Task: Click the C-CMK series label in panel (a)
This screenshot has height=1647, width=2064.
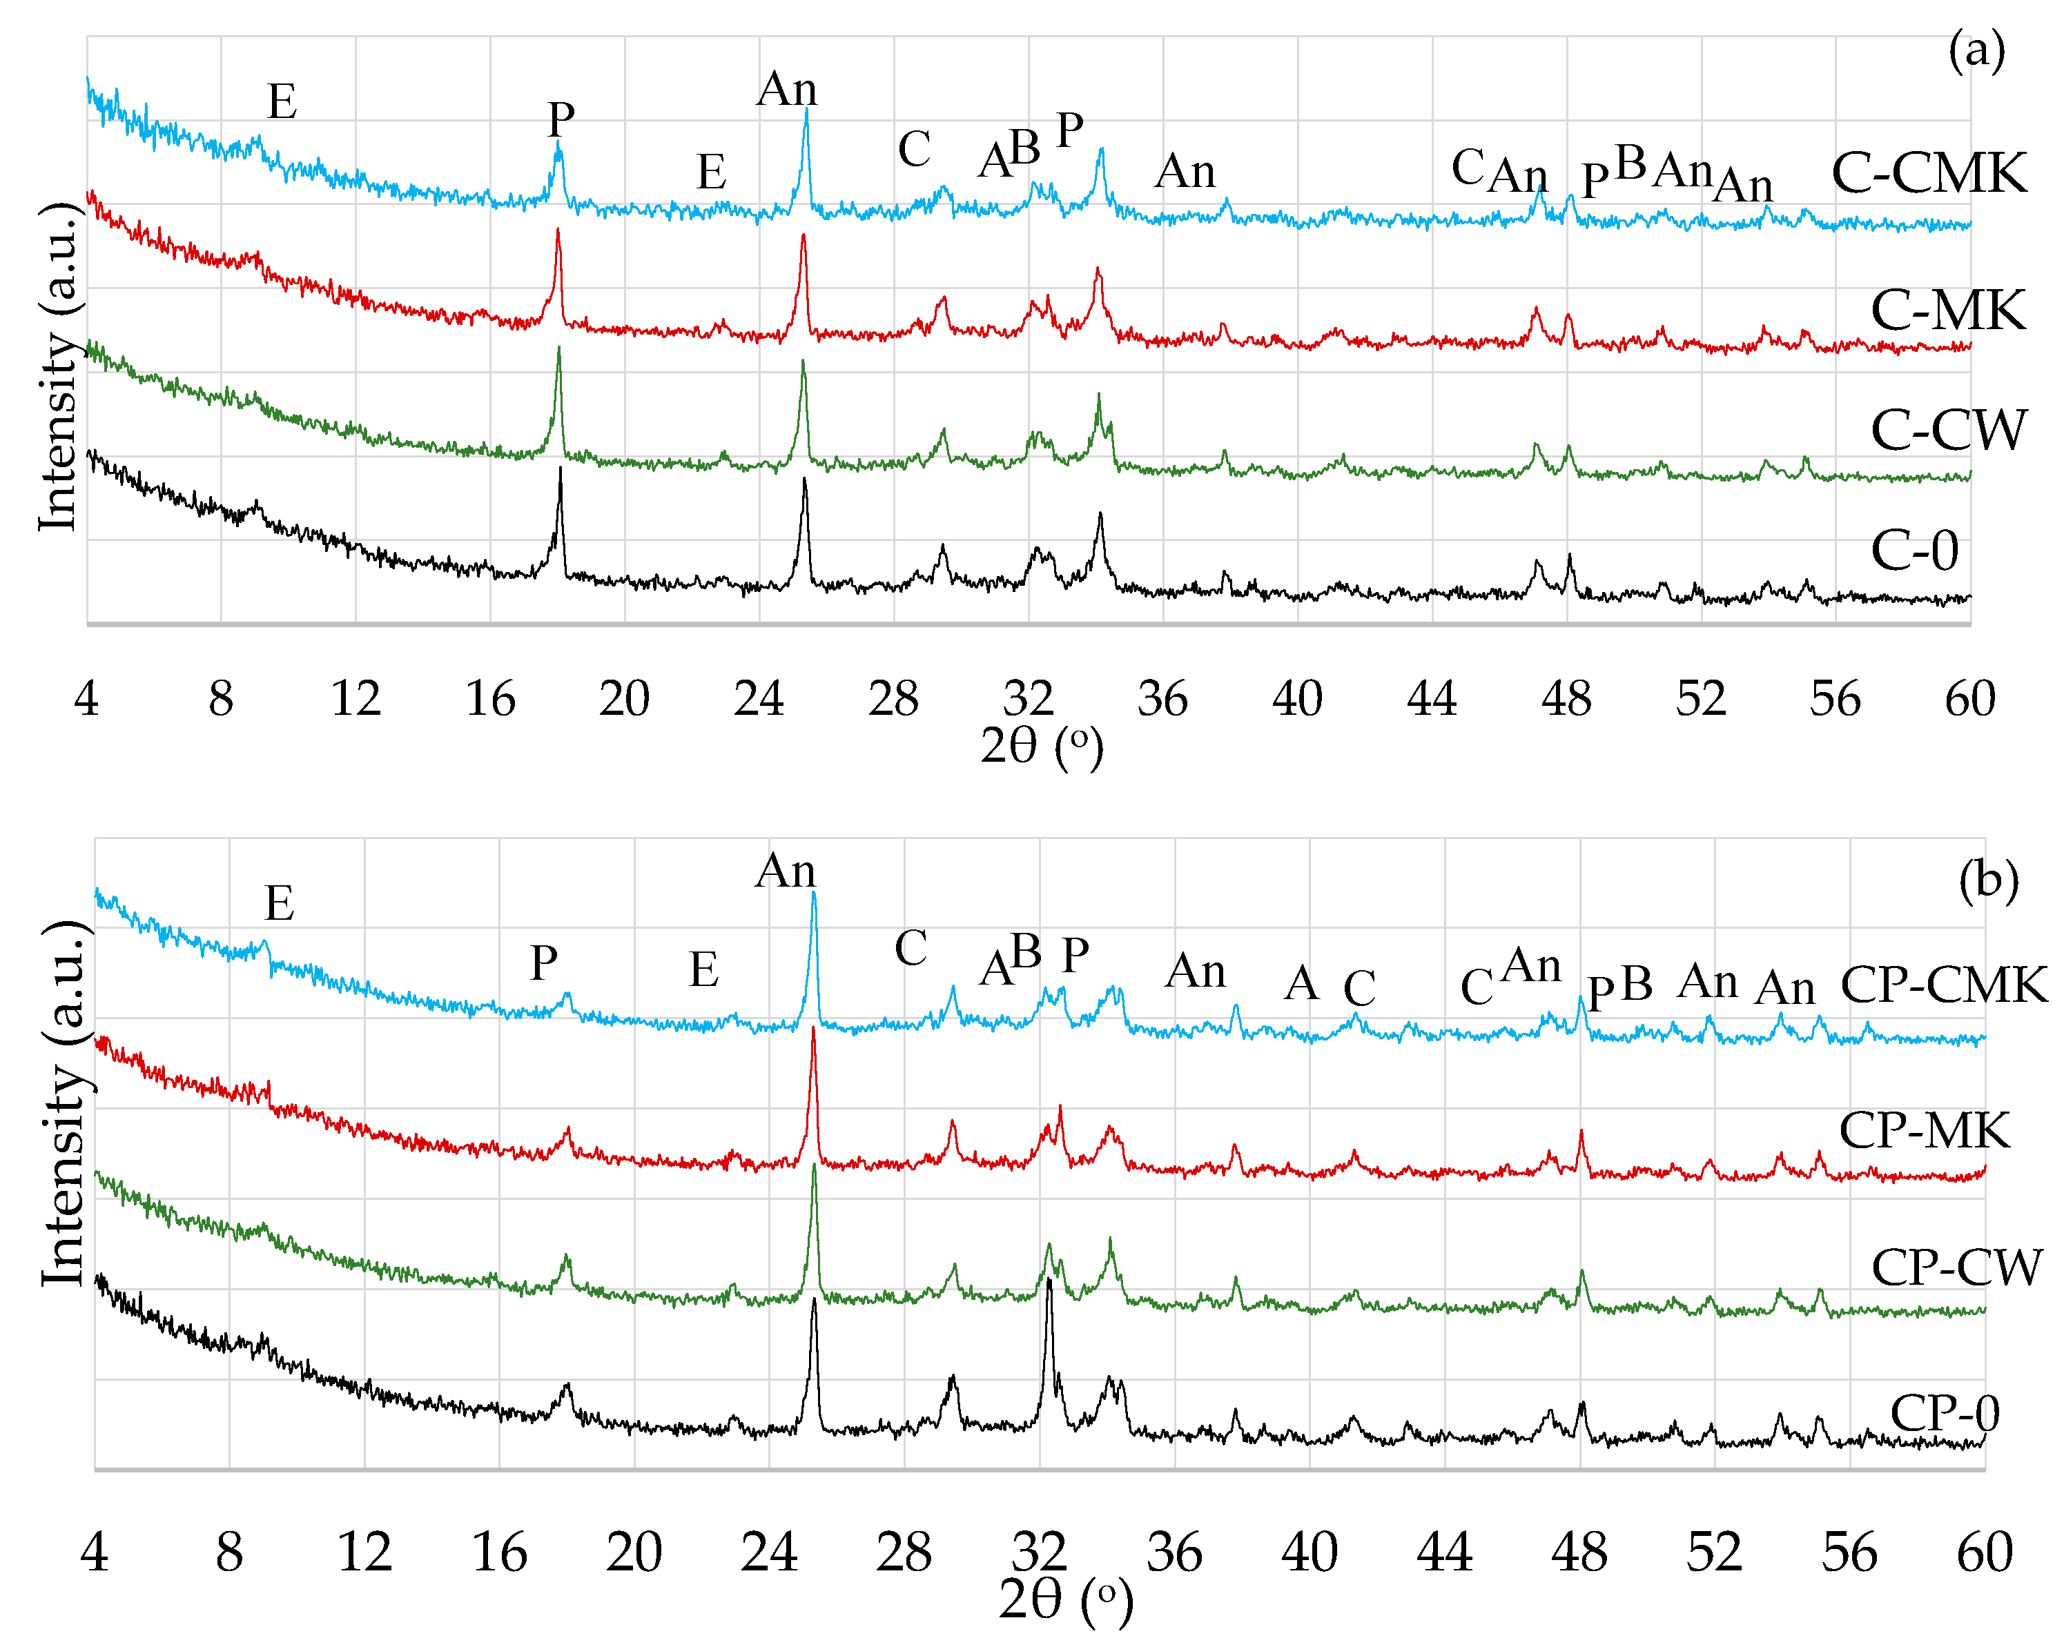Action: pyautogui.click(x=1928, y=173)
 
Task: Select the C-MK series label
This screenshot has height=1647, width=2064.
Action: pyautogui.click(x=1947, y=311)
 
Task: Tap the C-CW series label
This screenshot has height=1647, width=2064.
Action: pyautogui.click(x=1947, y=430)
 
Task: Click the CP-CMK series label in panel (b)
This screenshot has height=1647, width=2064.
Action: pyautogui.click(x=1943, y=985)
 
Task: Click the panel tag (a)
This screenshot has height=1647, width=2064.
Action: pyautogui.click(x=1976, y=50)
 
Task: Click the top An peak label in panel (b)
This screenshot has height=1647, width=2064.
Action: pyautogui.click(x=785, y=871)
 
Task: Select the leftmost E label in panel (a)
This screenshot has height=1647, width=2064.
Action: pyautogui.click(x=282, y=101)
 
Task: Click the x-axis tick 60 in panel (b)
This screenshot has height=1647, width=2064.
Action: pyautogui.click(x=1984, y=1552)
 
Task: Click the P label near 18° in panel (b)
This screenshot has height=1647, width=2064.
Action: pyautogui.click(x=544, y=963)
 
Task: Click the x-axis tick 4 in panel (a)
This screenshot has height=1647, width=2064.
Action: pyautogui.click(x=86, y=698)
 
